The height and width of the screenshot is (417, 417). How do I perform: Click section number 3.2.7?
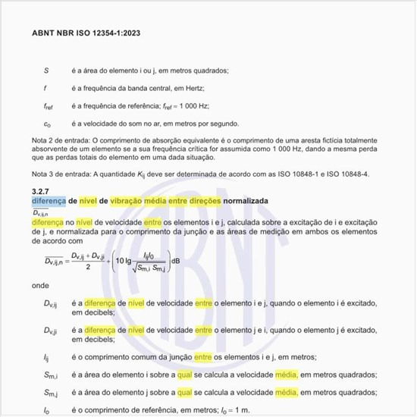(42, 190)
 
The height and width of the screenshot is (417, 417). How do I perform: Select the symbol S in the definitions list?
(46, 70)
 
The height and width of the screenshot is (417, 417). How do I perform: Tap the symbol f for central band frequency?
(45, 88)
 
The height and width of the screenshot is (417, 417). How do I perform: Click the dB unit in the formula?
(176, 262)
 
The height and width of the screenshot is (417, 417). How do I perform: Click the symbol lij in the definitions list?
(46, 356)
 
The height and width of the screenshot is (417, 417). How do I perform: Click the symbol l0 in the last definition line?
(46, 410)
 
